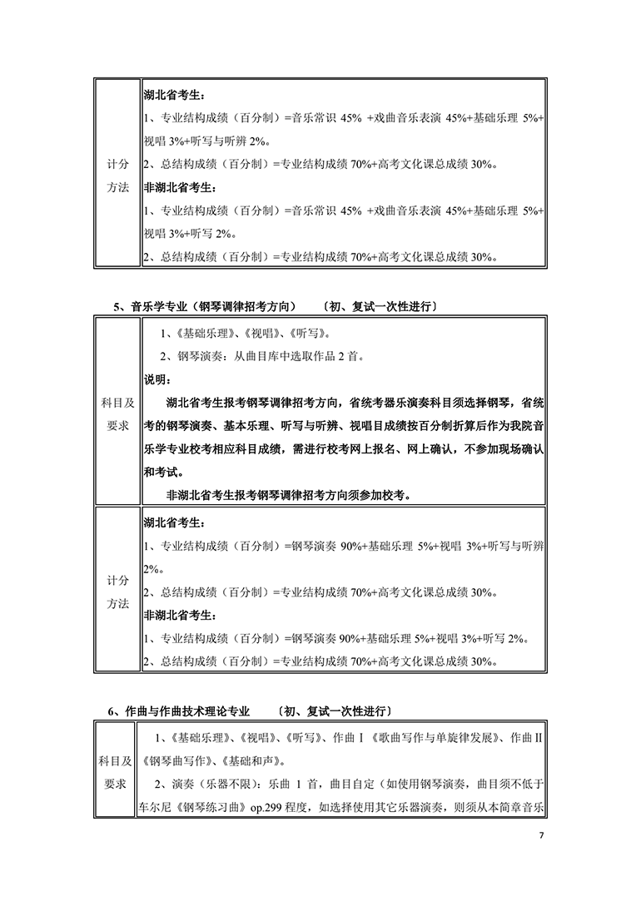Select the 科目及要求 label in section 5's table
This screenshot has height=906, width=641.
coord(117,414)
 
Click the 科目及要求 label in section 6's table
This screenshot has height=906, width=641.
coord(117,772)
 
